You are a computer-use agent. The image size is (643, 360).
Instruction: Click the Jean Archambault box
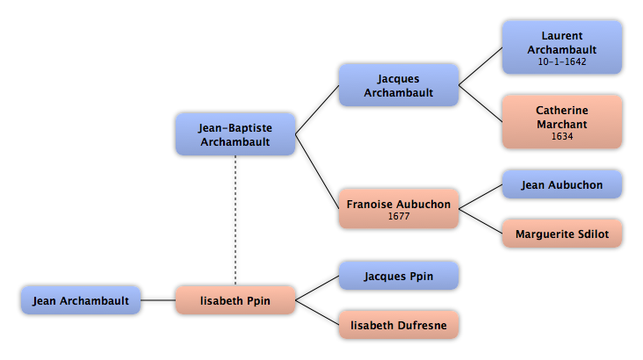81,300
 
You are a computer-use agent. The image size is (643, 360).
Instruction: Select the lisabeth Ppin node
235,300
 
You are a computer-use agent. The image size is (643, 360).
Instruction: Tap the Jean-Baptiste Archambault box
235,134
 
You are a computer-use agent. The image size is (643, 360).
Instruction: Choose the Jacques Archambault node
399,85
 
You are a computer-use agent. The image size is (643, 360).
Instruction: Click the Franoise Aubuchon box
399,209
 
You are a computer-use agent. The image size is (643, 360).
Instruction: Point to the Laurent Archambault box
562,47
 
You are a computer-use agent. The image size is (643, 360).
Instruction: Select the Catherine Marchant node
562,122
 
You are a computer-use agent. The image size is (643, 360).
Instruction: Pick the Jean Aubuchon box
562,185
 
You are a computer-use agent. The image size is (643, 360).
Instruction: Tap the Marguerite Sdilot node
562,234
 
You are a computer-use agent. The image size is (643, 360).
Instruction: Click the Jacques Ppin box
399,276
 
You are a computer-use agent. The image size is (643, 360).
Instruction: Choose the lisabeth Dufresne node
399,325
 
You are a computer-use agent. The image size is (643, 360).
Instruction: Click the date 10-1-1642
562,62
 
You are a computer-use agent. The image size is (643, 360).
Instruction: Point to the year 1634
562,137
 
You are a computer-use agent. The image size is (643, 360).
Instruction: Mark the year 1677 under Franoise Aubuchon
399,216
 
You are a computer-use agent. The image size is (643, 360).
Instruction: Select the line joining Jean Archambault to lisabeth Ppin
158,300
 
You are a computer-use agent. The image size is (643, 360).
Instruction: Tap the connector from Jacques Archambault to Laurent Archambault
480,67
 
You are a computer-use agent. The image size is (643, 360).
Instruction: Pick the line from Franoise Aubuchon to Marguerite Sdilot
480,221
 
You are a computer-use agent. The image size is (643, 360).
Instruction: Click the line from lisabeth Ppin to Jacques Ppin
317,288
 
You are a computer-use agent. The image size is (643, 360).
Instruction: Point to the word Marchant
562,124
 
